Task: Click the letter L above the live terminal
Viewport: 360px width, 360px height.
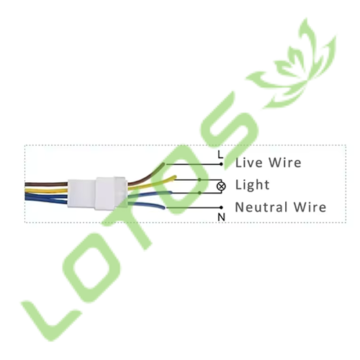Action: tap(220, 155)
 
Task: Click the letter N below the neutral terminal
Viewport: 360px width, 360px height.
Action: tap(221, 217)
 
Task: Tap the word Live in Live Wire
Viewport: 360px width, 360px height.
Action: tap(249, 163)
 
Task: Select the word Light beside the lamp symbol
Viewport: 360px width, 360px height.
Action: tap(252, 185)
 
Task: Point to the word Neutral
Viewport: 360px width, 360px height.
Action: tap(261, 207)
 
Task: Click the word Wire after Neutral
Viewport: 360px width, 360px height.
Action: tap(310, 207)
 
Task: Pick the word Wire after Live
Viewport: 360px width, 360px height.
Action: tap(285, 163)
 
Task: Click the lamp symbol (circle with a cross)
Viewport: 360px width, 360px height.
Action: tap(221, 186)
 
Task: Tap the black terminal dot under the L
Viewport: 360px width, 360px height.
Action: tap(221, 164)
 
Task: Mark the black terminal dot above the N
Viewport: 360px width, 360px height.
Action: tap(221, 207)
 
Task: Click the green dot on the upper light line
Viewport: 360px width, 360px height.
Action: tap(199, 180)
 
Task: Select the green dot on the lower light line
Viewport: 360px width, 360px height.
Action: tap(199, 193)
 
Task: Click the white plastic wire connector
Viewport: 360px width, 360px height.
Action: tap(97, 193)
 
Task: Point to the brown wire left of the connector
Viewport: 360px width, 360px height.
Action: tap(46, 184)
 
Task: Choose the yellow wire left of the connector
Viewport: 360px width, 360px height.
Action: tap(46, 191)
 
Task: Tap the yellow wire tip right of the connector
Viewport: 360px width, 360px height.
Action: tap(174, 177)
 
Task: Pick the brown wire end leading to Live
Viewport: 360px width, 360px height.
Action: tap(163, 165)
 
